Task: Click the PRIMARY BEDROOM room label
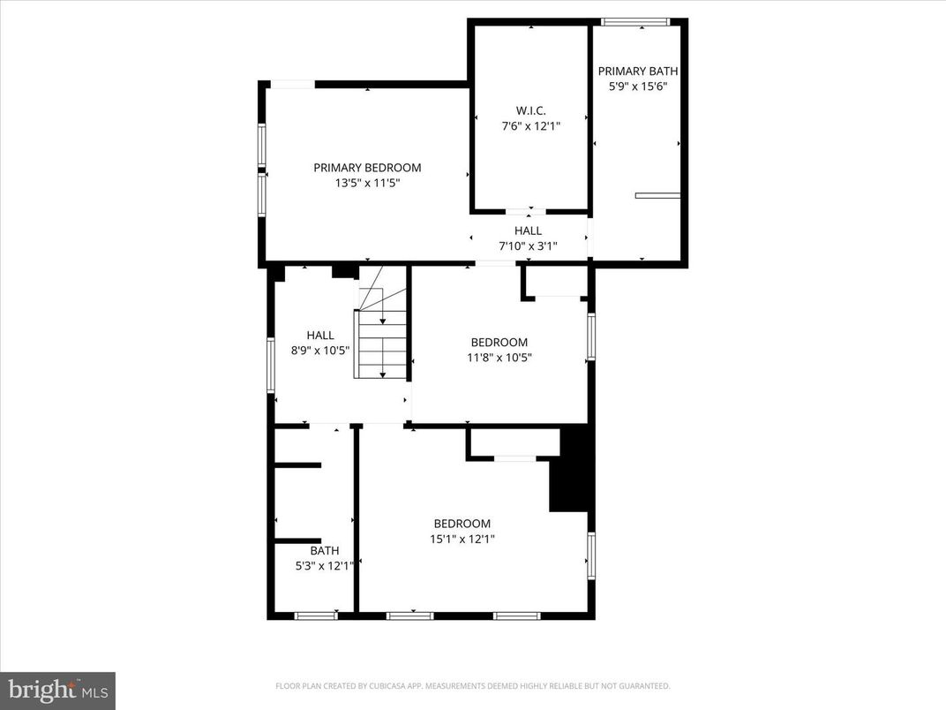(367, 168)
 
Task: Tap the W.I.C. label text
(530, 110)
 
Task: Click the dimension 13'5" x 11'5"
(367, 184)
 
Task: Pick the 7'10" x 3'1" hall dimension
(528, 246)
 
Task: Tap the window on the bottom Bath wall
(316, 616)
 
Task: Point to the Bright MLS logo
(57, 690)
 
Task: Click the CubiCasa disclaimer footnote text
(472, 685)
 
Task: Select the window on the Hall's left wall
(271, 365)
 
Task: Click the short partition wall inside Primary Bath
(657, 195)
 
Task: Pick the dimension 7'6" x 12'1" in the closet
(530, 126)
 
